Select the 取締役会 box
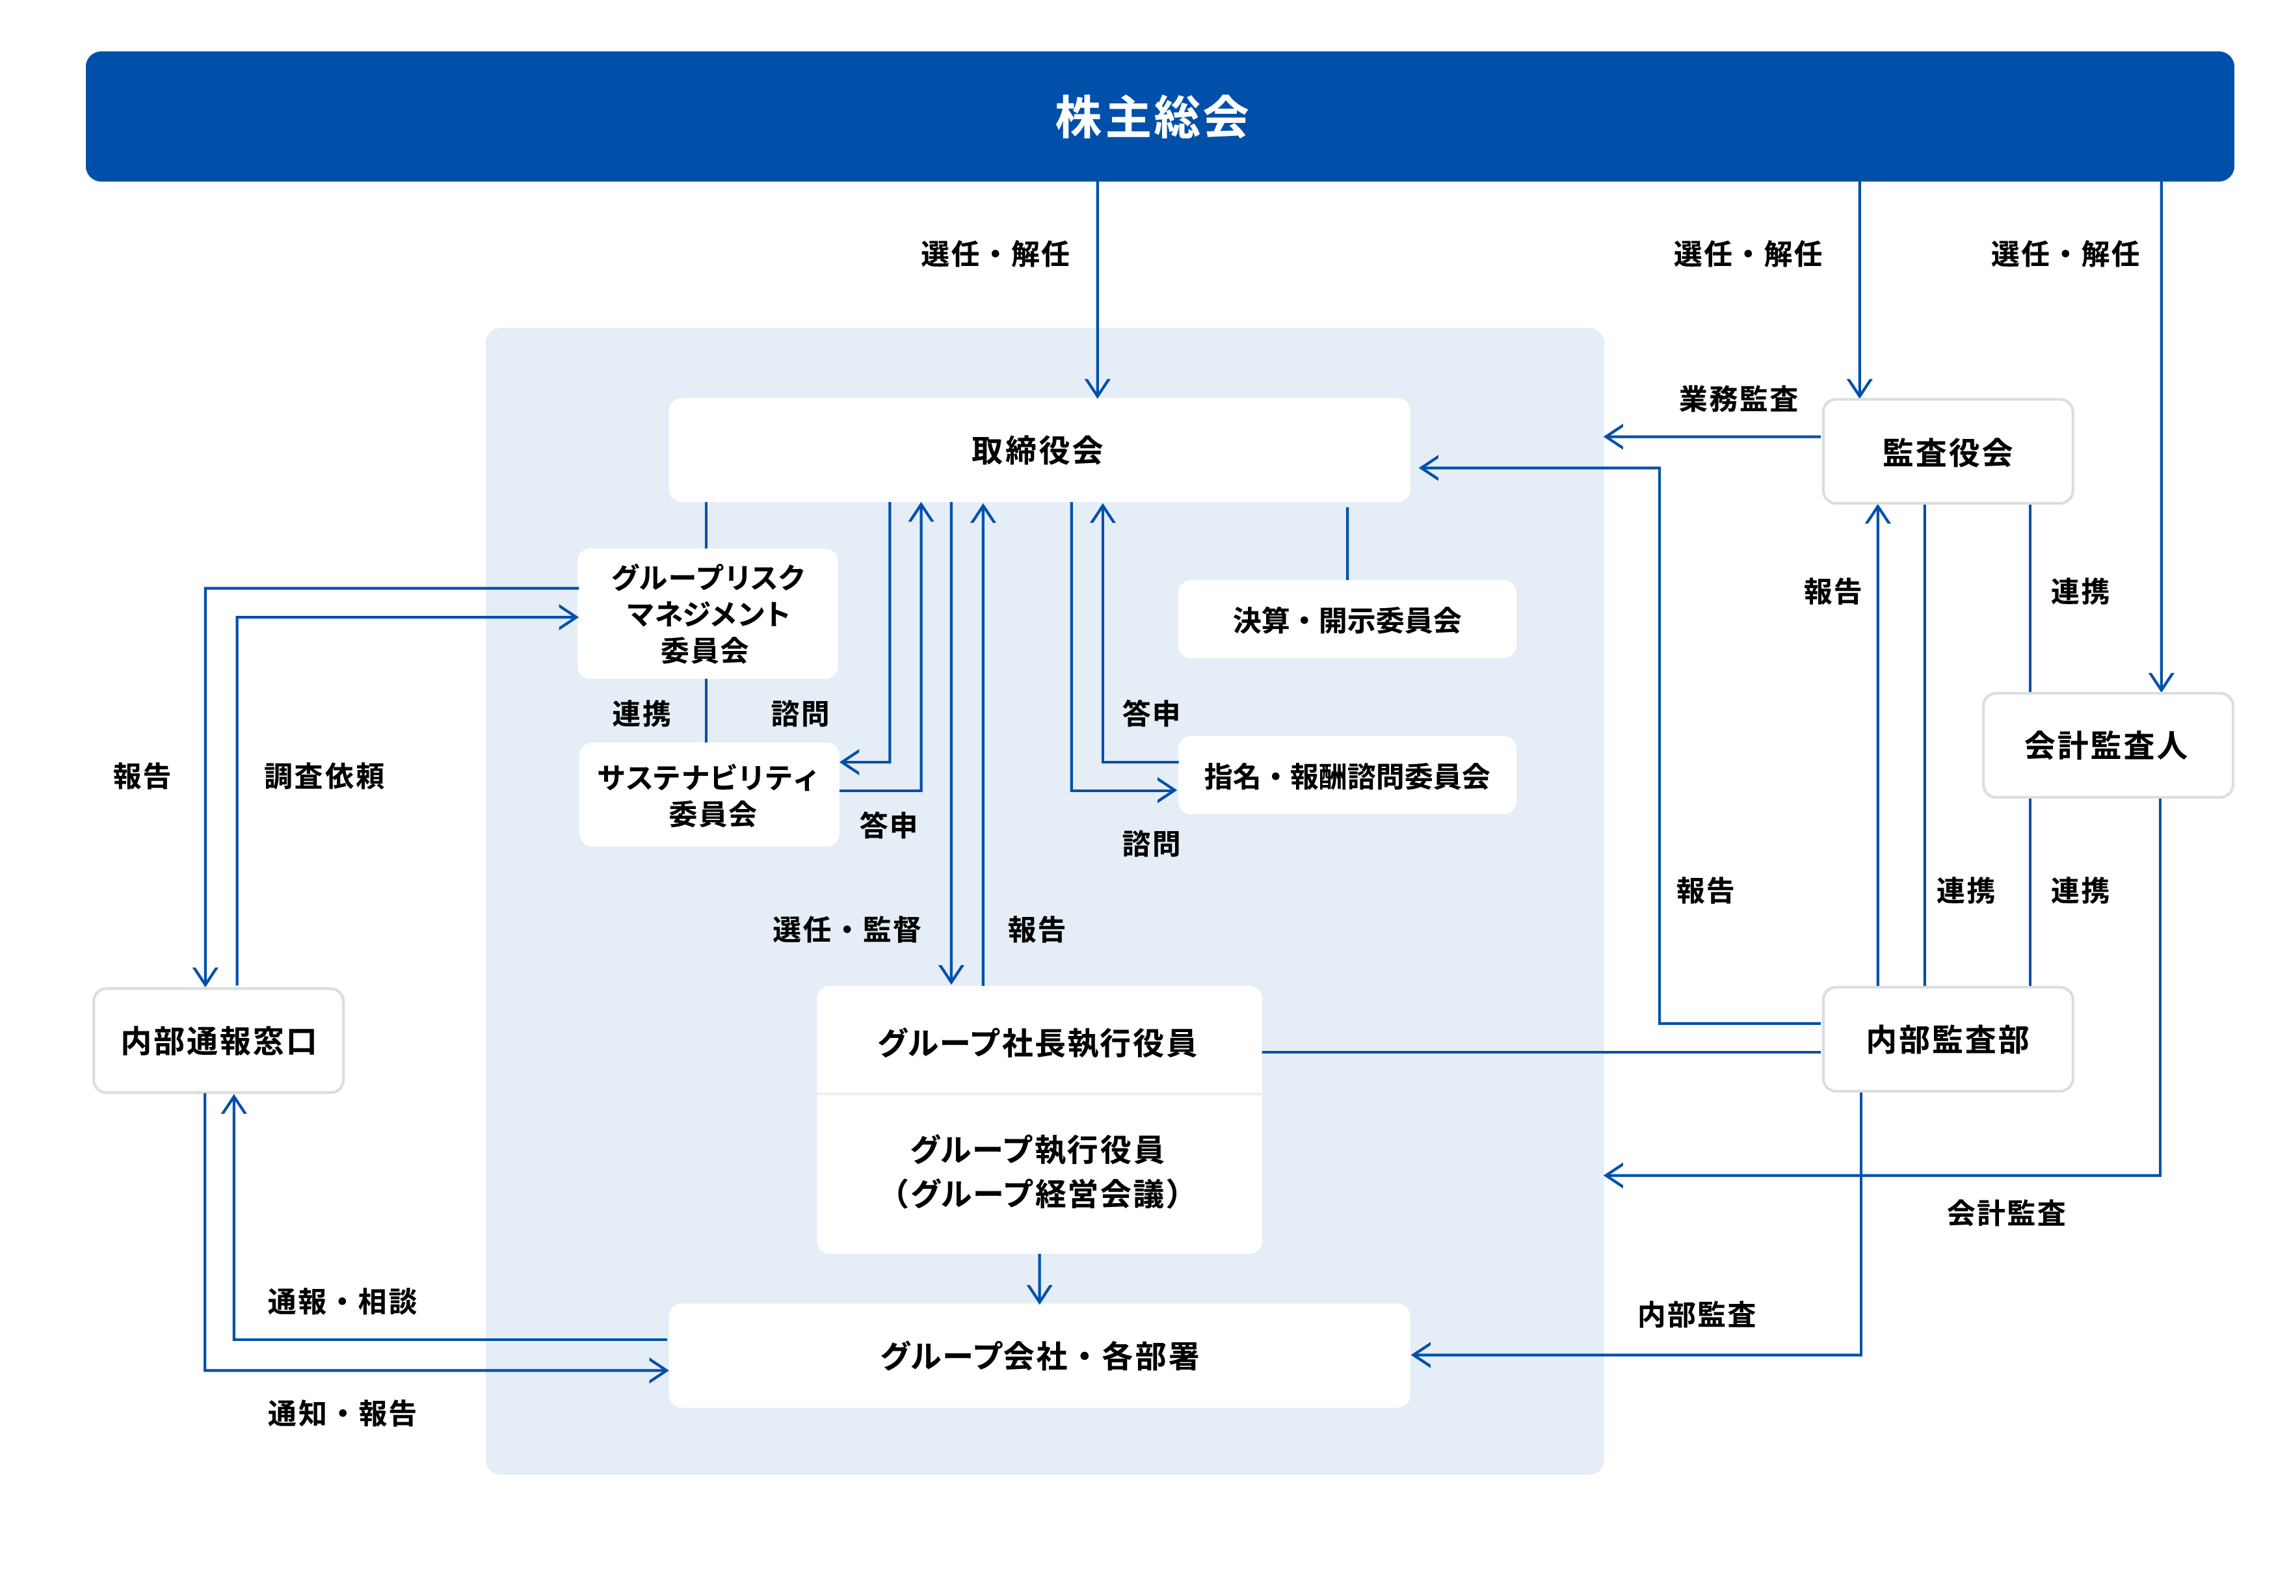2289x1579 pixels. (1038, 450)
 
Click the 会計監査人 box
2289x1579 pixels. (2106, 745)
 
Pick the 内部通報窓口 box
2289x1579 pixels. (218, 1041)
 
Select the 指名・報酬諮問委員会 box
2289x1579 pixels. (1345, 776)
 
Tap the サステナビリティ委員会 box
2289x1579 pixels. (708, 795)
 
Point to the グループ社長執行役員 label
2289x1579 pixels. (1038, 1042)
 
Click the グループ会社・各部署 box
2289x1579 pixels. (1038, 1355)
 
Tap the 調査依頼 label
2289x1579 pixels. (323, 776)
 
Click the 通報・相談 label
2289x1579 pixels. (341, 1301)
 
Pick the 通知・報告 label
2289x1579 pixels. (341, 1413)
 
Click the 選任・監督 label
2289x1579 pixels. (846, 930)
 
